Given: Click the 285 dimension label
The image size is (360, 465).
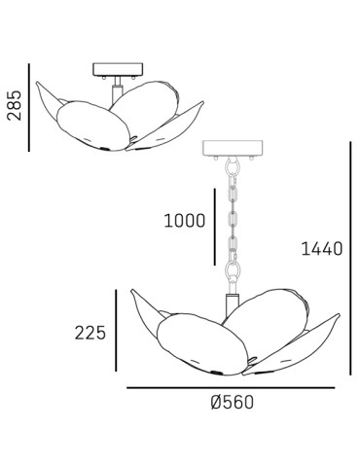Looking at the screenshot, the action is click(15, 106).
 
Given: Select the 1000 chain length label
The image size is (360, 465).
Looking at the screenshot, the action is click(185, 221).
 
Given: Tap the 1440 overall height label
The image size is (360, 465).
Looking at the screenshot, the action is click(322, 249).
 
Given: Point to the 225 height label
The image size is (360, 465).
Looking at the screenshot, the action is click(90, 333).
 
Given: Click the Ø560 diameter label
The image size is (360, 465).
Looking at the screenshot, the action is click(233, 402).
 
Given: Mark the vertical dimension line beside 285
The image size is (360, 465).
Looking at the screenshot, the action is click(29, 107).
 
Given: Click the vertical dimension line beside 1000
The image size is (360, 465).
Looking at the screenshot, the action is click(215, 227).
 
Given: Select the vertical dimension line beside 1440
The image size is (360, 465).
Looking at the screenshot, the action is click(350, 258).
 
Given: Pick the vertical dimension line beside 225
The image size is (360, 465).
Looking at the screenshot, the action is click(116, 331).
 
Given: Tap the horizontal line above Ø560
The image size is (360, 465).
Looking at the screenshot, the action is click(231, 387).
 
